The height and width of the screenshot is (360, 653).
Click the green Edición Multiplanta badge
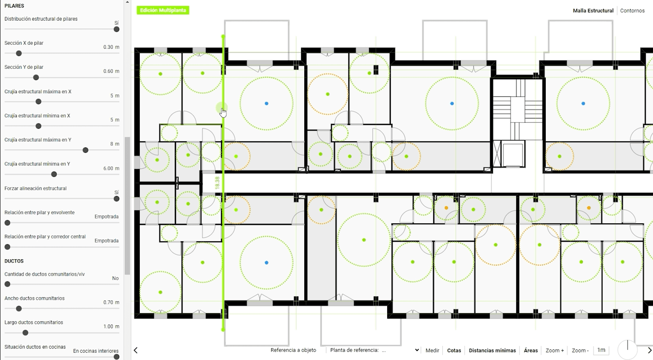click(163, 10)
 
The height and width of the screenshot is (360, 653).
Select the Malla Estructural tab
click(593, 11)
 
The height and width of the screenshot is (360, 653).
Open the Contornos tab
click(632, 11)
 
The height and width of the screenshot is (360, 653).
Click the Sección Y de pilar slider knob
click(36, 77)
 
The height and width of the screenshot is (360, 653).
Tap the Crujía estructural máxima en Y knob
click(85, 150)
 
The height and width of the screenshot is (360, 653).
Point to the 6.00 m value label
click(112, 168)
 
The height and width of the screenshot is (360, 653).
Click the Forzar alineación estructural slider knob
click(116, 199)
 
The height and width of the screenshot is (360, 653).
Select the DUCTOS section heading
click(14, 261)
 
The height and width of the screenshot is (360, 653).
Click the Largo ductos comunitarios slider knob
click(25, 333)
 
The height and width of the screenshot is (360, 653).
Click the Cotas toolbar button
click(454, 350)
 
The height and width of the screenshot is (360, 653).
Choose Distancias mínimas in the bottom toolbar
click(492, 350)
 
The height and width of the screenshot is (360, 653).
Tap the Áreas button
click(531, 350)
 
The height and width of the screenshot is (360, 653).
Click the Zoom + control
click(555, 350)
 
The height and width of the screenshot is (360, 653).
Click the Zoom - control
click(580, 350)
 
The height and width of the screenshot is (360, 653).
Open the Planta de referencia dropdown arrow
click(417, 350)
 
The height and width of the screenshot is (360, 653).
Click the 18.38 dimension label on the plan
click(217, 183)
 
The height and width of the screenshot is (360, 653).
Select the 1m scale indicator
click(601, 350)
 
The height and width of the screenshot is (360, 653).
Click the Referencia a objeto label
click(293, 350)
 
